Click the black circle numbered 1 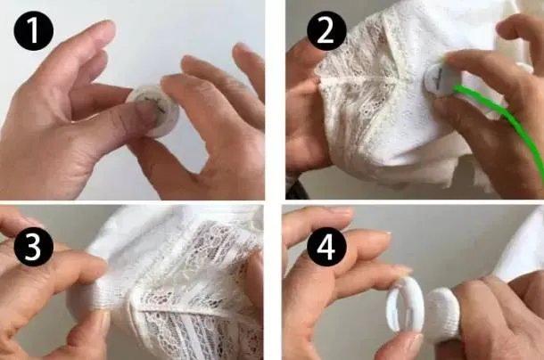(34, 31)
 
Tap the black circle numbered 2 (326, 31)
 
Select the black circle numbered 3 (34, 247)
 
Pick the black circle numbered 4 (326, 247)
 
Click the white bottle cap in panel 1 (154, 110)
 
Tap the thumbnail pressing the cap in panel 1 (147, 111)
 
